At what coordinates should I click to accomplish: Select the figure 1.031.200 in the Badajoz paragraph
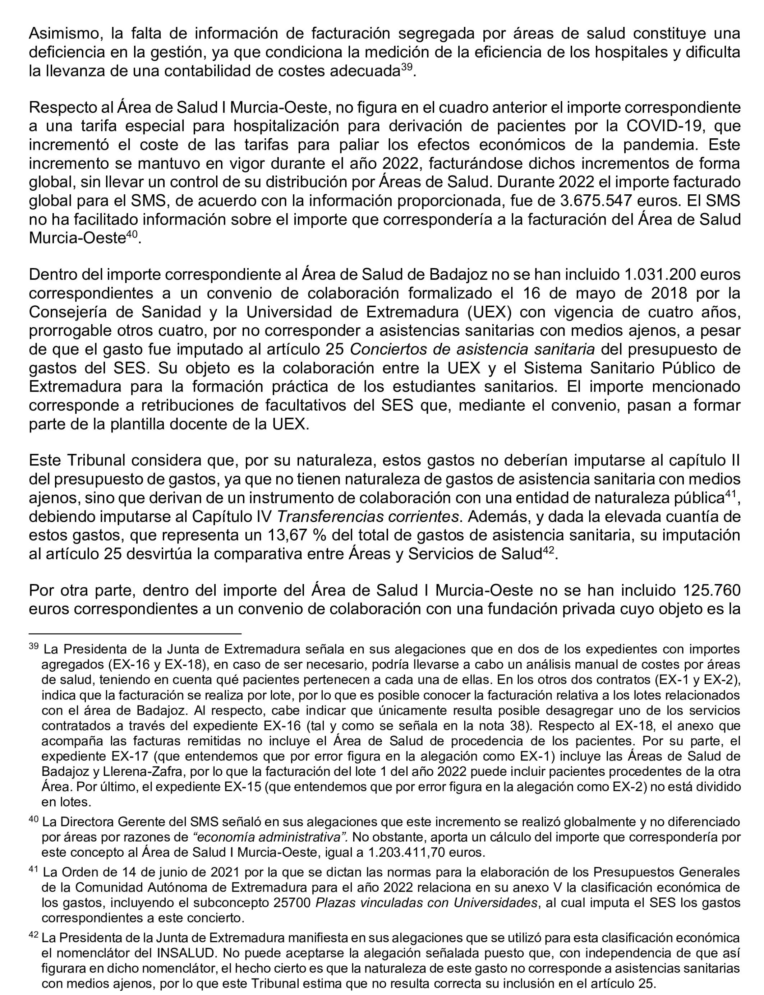pyautogui.click(x=661, y=274)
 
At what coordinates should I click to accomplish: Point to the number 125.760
pyautogui.click(x=712, y=590)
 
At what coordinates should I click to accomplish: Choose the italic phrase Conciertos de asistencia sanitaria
pyautogui.click(x=473, y=349)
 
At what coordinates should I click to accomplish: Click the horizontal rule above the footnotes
pyautogui.click(x=135, y=633)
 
